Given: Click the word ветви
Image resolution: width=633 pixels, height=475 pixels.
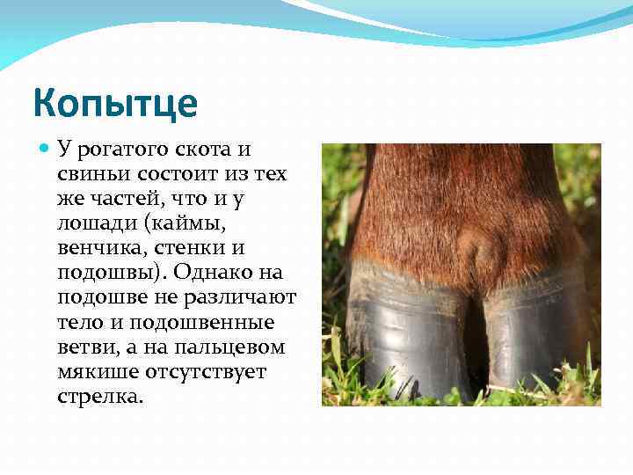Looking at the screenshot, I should click(x=82, y=347).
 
